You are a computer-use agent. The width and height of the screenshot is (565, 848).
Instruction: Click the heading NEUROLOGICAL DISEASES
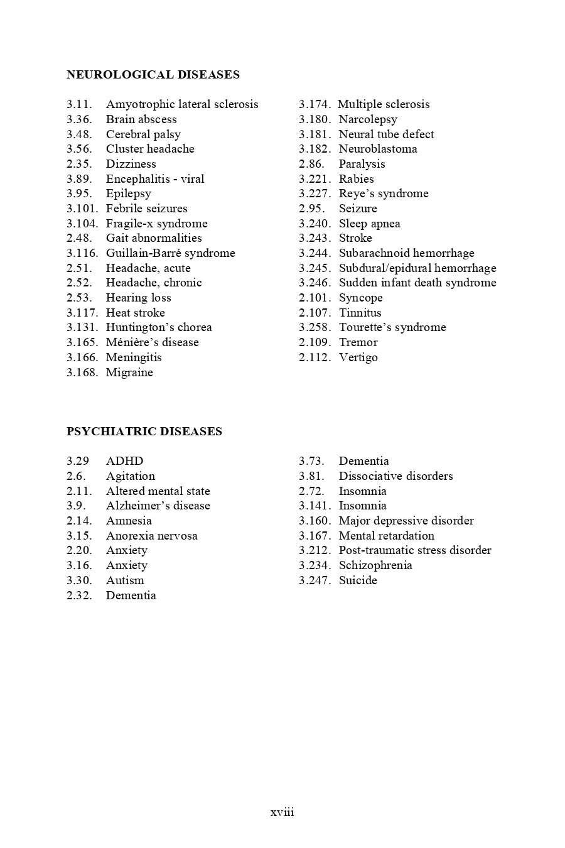pyautogui.click(x=153, y=75)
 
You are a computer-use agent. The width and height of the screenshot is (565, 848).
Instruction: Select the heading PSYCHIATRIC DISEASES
pyautogui.click(x=144, y=432)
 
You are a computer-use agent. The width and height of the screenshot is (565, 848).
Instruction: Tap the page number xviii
pyautogui.click(x=282, y=812)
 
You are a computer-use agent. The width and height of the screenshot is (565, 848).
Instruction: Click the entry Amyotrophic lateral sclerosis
pyautogui.click(x=182, y=104)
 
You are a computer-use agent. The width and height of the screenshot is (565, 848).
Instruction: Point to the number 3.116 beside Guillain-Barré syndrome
pyautogui.click(x=82, y=253)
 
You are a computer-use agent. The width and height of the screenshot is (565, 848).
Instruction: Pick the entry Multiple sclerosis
pyautogui.click(x=384, y=104)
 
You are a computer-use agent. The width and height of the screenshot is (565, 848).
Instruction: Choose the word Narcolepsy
pyautogui.click(x=368, y=119)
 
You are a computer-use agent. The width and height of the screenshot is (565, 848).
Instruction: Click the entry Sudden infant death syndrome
pyautogui.click(x=417, y=283)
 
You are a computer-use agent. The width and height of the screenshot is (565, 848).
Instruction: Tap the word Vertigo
pyautogui.click(x=358, y=357)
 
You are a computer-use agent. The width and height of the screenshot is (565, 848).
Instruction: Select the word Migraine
pyautogui.click(x=129, y=372)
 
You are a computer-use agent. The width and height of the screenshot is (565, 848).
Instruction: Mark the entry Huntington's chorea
pyautogui.click(x=159, y=327)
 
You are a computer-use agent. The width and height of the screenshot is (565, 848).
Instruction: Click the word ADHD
pyautogui.click(x=124, y=461)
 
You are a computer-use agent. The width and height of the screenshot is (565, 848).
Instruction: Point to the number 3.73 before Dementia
pyautogui.click(x=311, y=461)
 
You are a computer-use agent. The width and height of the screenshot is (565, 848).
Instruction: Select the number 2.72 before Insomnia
pyautogui.click(x=311, y=491)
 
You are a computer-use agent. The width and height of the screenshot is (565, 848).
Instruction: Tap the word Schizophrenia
pyautogui.click(x=375, y=565)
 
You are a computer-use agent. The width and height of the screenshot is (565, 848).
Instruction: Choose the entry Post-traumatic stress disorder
pyautogui.click(x=415, y=550)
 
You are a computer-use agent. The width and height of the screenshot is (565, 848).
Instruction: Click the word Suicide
pyautogui.click(x=358, y=580)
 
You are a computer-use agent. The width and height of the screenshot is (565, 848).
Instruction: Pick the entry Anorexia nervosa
pyautogui.click(x=151, y=536)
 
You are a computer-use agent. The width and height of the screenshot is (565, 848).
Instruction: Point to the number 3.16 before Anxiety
pyautogui.click(x=79, y=565)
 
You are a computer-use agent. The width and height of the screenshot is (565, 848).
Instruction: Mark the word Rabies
pyautogui.click(x=356, y=179)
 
